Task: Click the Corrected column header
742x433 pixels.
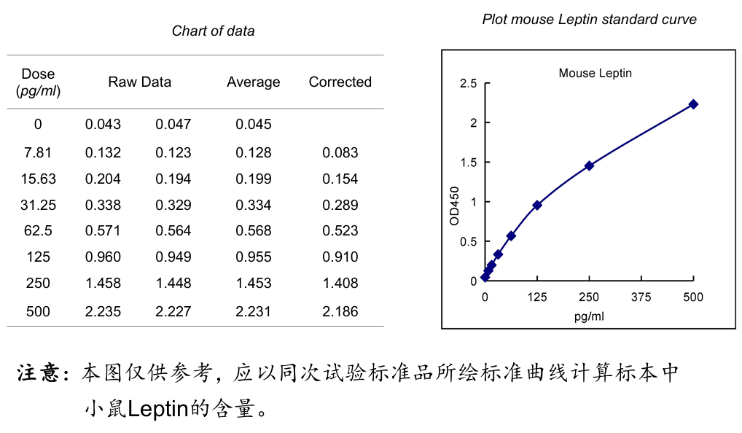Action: tap(340, 82)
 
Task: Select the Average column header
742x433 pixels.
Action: tap(253, 82)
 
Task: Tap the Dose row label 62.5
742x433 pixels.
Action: tap(38, 231)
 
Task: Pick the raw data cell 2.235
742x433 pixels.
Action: tap(103, 312)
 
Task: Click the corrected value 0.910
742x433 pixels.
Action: tap(340, 257)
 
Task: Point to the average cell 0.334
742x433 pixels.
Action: tap(253, 206)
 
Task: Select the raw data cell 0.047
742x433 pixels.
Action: tap(173, 125)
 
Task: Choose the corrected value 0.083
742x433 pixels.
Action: tap(340, 153)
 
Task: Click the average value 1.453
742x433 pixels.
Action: tap(253, 284)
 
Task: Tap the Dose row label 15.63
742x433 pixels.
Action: tap(38, 179)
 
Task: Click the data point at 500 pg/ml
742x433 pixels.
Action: tap(693, 104)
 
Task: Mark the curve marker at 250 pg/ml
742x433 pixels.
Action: tap(589, 165)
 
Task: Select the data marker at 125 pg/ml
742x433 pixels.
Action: tap(537, 206)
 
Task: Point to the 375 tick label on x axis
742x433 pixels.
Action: tap(641, 297)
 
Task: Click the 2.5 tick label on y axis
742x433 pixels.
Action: tap(469, 84)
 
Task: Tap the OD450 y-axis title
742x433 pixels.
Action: tap(455, 205)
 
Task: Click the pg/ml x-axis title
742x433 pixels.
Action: tap(589, 316)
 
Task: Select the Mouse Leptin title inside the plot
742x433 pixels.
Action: tap(595, 73)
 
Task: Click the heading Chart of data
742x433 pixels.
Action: tap(213, 31)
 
